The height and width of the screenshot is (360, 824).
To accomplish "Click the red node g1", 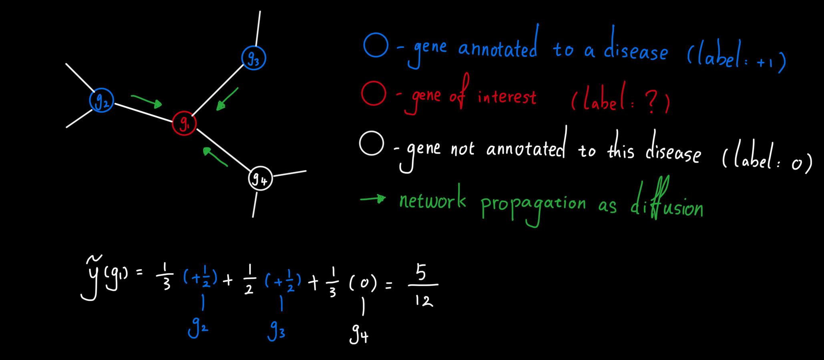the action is coord(184,123).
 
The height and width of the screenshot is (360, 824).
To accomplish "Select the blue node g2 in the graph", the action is coord(102,100).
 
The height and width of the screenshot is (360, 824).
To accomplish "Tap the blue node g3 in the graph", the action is coord(254,58).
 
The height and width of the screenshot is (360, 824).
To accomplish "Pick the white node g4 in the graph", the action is coord(260,178).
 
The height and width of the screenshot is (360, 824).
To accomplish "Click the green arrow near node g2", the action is coord(147,101).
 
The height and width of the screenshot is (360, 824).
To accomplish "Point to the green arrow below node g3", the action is coord(227,99).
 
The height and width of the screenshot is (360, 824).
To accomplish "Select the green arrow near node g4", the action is coord(215,157).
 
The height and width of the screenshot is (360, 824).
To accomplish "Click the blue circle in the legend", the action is coord(376,45).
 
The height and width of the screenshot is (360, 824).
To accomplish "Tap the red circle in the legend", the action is coord(374,93).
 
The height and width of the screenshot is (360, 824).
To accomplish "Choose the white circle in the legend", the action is coord(372,143).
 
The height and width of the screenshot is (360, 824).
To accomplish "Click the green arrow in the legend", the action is coord(373,199).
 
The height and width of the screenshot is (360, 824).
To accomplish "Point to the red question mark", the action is coord(651,101).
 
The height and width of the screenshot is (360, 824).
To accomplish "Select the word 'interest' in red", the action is coord(507,97).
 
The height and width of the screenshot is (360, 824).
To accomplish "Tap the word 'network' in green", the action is coord(433,197).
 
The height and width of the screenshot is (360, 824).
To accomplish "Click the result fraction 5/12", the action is coord(423,285).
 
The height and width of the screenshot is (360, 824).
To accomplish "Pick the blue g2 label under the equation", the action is coord(198,327).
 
